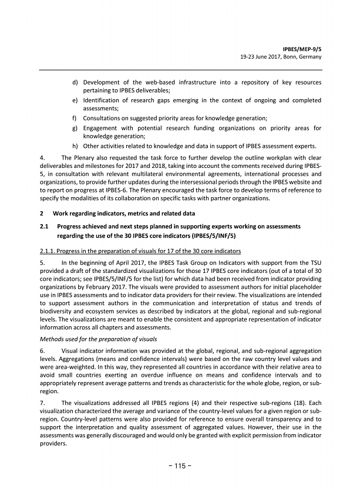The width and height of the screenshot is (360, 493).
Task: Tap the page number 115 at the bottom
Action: point(180,466)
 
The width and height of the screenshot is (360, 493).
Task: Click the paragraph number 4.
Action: point(41,157)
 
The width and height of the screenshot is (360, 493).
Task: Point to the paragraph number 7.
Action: point(41,403)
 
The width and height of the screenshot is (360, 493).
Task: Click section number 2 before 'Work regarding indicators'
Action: point(41,213)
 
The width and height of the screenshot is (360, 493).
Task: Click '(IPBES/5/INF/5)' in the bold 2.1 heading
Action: point(213,236)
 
